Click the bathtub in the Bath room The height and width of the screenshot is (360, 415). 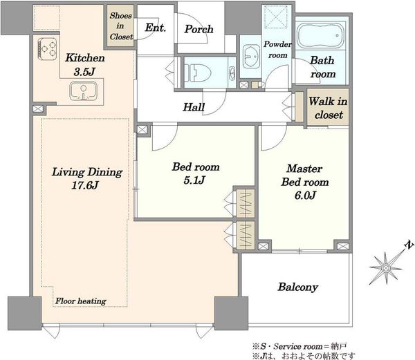321,35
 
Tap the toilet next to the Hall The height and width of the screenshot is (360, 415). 198,73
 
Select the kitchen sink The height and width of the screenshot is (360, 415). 84,91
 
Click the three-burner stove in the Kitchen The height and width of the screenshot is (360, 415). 47,49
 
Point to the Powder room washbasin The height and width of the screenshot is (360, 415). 252,56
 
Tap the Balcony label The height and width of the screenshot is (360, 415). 297,287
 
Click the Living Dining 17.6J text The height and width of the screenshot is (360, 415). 87,178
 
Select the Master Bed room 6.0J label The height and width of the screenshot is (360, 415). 305,182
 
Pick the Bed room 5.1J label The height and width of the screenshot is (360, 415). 196,173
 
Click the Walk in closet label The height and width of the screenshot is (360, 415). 328,108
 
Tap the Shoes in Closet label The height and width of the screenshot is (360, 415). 121,26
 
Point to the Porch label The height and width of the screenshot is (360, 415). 199,29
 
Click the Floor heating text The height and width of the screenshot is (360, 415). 81,301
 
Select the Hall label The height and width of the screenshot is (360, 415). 194,107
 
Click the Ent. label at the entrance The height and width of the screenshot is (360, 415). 156,28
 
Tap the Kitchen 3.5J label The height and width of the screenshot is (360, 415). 85,64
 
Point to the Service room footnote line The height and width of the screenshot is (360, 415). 299,346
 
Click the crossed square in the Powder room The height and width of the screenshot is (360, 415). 276,17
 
